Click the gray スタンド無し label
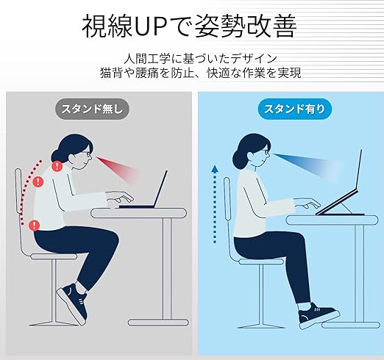[92, 109]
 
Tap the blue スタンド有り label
[294, 109]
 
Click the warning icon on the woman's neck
[57, 166]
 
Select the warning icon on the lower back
[35, 225]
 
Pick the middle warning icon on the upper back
[38, 181]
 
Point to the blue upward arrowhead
[215, 169]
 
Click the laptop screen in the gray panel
[160, 189]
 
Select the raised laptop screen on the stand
[358, 170]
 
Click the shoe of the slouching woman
[72, 303]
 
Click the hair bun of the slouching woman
[56, 156]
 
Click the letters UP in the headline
[152, 26]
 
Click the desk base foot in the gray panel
[158, 322]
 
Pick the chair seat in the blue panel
[261, 262]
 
